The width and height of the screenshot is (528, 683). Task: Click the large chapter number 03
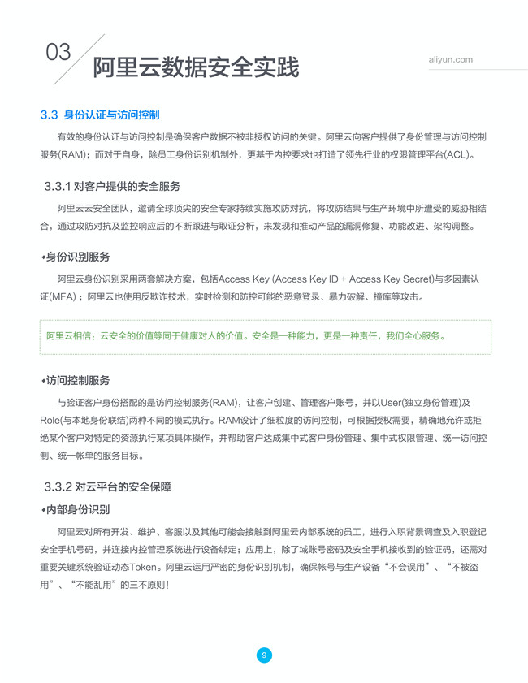(x=58, y=53)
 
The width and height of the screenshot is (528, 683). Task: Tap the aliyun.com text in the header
(x=450, y=60)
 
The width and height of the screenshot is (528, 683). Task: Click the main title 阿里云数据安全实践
(x=196, y=67)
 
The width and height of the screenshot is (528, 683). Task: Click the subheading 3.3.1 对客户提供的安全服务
(x=112, y=186)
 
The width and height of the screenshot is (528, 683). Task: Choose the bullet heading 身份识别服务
(x=77, y=257)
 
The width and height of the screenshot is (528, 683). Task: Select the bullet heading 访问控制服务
(x=77, y=380)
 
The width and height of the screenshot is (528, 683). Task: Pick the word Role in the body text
(x=52, y=421)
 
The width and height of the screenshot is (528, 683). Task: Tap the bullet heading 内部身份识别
(x=77, y=509)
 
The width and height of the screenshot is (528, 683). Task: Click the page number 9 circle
(x=264, y=655)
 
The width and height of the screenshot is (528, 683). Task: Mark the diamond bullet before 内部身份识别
(x=43, y=510)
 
